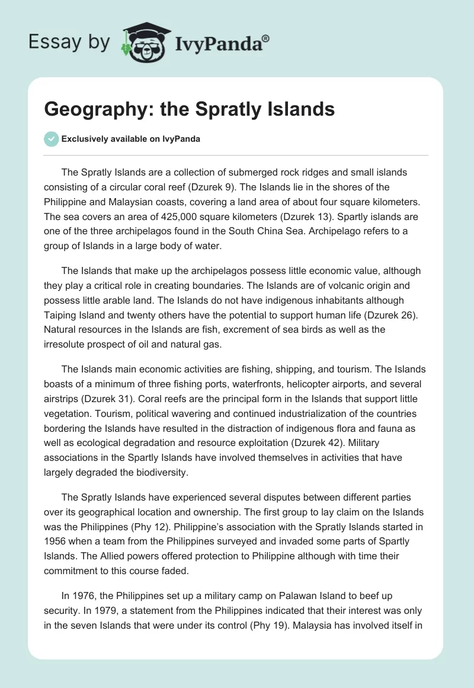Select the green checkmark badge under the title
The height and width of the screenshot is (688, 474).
51,139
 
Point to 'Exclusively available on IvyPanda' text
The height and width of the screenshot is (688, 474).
131,139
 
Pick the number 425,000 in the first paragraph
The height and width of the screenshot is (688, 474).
168,216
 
